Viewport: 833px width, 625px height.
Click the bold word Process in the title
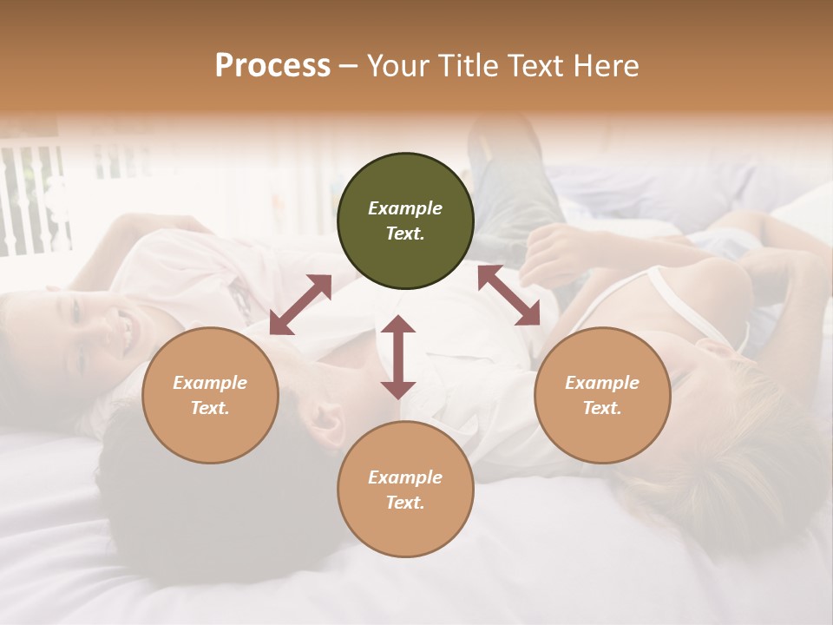[272, 65]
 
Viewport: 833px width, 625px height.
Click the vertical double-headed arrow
[398, 358]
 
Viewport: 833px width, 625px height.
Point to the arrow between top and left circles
[300, 305]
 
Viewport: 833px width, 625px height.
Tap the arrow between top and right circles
[508, 295]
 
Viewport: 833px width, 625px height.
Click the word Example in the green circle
[405, 208]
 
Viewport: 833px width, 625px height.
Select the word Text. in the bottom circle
[405, 503]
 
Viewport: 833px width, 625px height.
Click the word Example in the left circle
[210, 383]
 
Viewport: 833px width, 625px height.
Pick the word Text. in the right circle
[602, 408]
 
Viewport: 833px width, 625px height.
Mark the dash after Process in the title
[348, 66]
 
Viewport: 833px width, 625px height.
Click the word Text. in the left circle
[210, 408]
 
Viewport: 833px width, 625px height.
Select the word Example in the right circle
[602, 383]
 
